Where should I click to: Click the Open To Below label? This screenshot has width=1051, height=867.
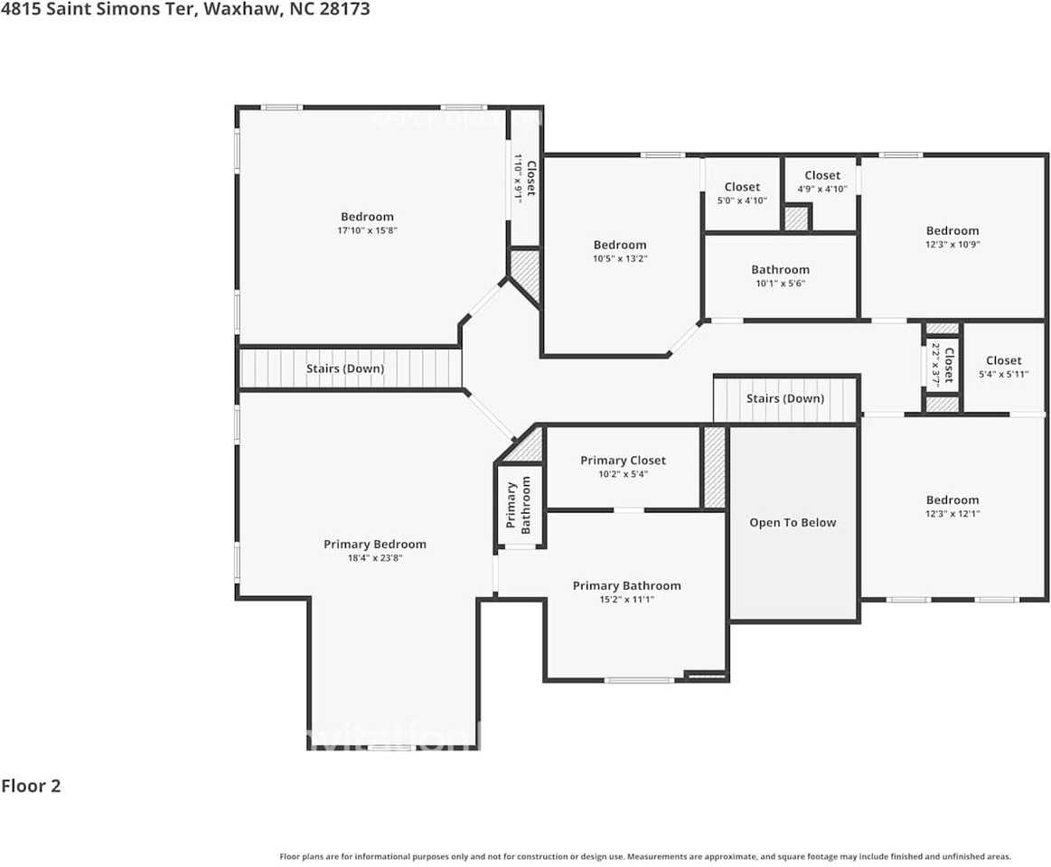coord(793,523)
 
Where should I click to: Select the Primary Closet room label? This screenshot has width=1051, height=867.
coord(623,461)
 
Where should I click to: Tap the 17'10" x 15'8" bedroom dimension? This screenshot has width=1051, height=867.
coord(367,231)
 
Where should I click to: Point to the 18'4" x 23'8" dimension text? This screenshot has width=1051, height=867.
coord(374,559)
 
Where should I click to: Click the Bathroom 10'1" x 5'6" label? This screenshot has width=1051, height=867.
coord(780,270)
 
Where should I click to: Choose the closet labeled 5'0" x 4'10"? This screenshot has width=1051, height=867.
coord(742,193)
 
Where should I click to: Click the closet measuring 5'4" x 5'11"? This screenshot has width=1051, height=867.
coord(1003,367)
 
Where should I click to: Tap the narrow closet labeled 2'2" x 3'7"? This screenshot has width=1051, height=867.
coord(943,365)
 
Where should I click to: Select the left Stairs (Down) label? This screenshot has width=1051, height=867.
coord(345,368)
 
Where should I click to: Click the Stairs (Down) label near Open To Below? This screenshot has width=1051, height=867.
coord(784,398)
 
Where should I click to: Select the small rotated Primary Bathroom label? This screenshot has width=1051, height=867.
coord(519,505)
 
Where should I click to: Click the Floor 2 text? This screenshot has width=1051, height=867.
coord(31,786)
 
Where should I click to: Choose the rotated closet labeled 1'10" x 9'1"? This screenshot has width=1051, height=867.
coord(525,177)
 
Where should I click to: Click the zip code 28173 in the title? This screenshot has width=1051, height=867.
coord(344,10)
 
